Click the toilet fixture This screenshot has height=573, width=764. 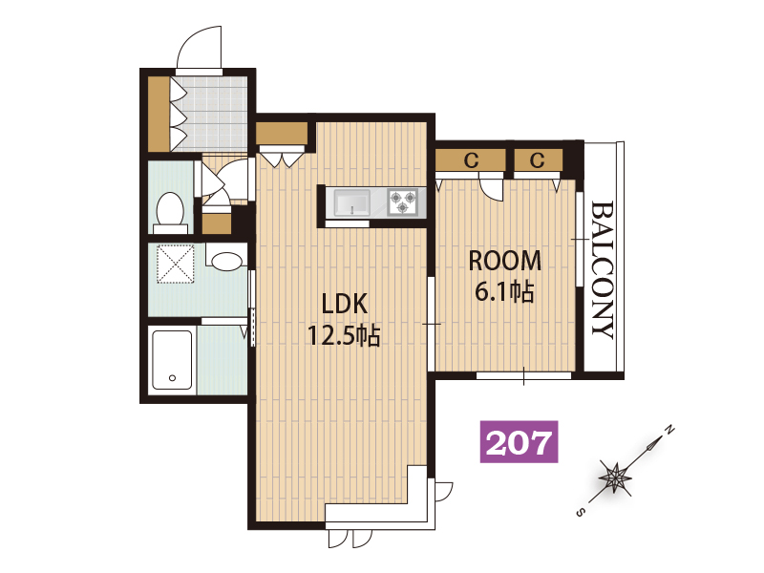pyautogui.click(x=170, y=214)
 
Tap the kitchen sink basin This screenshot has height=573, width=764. pyautogui.click(x=351, y=202)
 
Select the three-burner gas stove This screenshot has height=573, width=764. pyautogui.click(x=403, y=202)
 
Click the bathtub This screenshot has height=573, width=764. pyautogui.click(x=172, y=360)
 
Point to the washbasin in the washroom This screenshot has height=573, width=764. pyautogui.click(x=226, y=260)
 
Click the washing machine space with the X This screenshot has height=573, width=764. pyautogui.click(x=175, y=265)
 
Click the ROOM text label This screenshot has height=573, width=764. pyautogui.click(x=505, y=261)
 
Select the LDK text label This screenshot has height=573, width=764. pyautogui.click(x=345, y=304)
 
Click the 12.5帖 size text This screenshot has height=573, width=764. pyautogui.click(x=344, y=335)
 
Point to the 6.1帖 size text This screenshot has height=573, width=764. pyautogui.click(x=504, y=292)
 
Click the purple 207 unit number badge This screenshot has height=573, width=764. pyautogui.click(x=520, y=441)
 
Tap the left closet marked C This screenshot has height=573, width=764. pyautogui.click(x=471, y=159)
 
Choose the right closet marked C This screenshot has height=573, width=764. pyautogui.click(x=538, y=159)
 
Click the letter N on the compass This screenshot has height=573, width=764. pyautogui.click(x=670, y=430)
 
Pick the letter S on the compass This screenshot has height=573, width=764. pyautogui.click(x=580, y=513)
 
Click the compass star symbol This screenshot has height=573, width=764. pyautogui.click(x=615, y=476)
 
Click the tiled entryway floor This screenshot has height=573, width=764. pyautogui.click(x=209, y=114)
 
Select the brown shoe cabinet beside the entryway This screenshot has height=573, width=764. pyautogui.click(x=159, y=114)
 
